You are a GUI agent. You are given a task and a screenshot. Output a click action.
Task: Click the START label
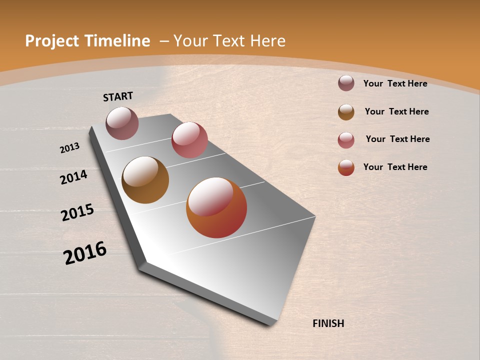point(118,96)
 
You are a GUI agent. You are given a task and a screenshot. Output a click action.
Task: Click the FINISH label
point(328,323)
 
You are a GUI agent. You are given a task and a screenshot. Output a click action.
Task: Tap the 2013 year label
point(70,148)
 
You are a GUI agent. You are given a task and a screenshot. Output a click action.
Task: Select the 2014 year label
point(74,177)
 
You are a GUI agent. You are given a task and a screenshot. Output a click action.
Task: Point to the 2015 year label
point(77,212)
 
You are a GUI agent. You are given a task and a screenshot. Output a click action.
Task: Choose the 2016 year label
point(85,253)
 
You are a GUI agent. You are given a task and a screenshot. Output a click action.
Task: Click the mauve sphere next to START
point(122,123)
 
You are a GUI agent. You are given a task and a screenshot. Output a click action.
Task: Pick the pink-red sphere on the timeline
point(189,140)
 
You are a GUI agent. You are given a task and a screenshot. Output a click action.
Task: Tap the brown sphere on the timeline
point(145,180)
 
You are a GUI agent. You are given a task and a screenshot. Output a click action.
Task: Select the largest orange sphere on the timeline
point(216,207)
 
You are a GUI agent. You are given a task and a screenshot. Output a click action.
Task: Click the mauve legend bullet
point(346,83)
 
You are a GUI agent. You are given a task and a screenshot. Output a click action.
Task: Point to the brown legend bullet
point(346,112)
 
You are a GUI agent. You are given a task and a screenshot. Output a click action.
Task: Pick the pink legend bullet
point(346,140)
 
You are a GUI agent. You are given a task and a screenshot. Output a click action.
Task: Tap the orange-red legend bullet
point(346,167)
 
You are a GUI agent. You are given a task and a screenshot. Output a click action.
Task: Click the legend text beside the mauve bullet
point(395,84)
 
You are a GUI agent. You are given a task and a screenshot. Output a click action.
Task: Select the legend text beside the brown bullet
point(396,111)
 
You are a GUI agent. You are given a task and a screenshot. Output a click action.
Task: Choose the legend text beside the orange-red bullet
point(395,167)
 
